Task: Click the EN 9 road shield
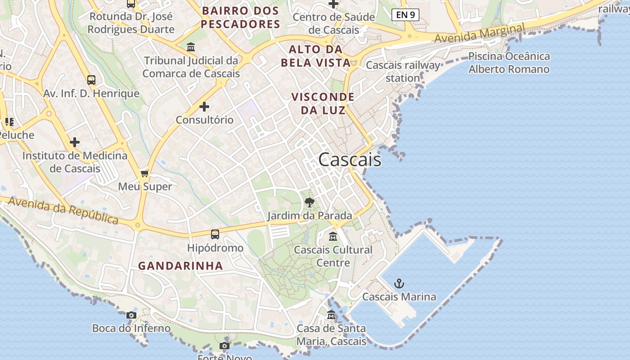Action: [405, 15]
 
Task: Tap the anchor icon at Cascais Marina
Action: [399, 283]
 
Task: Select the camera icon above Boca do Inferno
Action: [131, 315]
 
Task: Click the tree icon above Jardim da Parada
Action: [309, 202]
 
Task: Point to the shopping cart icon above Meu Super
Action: [144, 173]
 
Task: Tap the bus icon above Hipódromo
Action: [215, 234]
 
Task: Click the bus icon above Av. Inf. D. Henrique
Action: [91, 80]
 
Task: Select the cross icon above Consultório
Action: [204, 107]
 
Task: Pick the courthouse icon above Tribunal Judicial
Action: [190, 47]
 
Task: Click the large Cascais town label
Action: [350, 160]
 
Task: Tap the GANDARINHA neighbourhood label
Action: [180, 266]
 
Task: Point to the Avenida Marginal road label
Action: [480, 34]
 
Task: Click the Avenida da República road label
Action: [63, 210]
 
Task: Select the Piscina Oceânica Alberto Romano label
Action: [509, 63]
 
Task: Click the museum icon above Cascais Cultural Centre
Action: [333, 236]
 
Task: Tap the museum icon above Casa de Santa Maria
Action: [331, 315]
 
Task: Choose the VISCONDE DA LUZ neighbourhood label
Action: [323, 103]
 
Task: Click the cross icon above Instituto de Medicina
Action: [75, 142]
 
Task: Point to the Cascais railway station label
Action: [403, 72]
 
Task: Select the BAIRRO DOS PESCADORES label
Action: [240, 17]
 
